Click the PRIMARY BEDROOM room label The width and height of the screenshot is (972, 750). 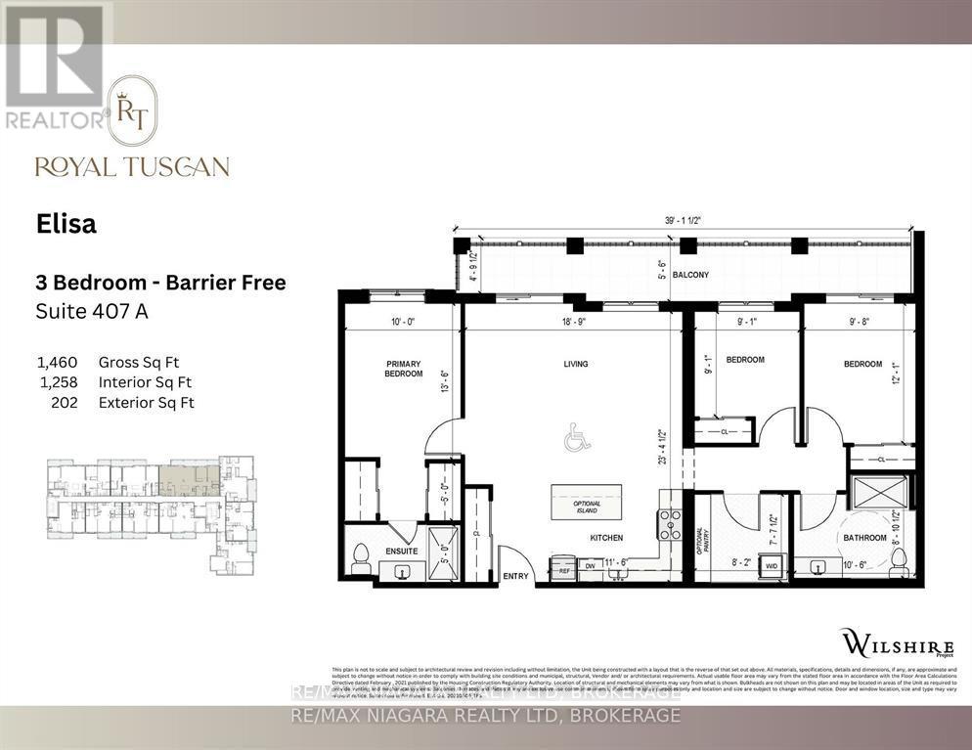point(403,369)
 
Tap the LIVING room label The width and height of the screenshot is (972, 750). point(576,365)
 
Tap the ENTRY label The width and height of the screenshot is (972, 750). point(515,576)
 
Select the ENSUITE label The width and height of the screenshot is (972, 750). point(401,551)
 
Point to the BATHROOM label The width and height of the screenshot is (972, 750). point(865,538)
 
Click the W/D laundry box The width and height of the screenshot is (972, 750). point(771,565)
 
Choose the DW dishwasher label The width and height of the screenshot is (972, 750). point(590,565)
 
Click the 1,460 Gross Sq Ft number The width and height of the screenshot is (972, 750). point(57,362)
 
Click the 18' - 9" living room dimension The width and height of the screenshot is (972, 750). point(576,321)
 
